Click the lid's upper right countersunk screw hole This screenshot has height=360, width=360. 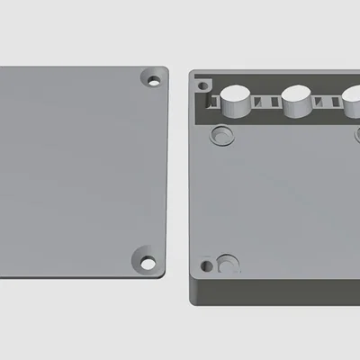(x=154, y=81)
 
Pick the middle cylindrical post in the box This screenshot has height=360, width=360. (x=298, y=101)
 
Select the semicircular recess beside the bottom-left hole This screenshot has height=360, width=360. (x=229, y=265)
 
